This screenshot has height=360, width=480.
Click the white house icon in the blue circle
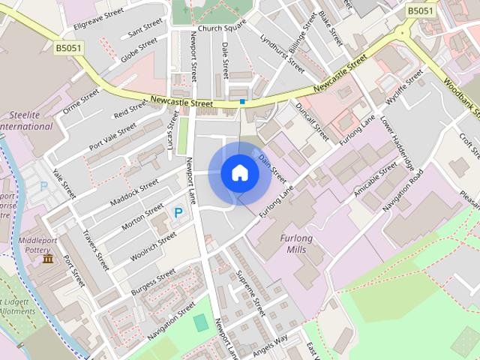pyautogui.click(x=239, y=173)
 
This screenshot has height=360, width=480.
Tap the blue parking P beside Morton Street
pyautogui.click(x=178, y=213)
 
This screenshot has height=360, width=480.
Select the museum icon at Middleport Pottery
pyautogui.click(x=48, y=259)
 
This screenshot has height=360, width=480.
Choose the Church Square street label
pyautogui.click(x=222, y=28)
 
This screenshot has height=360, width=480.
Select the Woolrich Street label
pyautogui.click(x=152, y=246)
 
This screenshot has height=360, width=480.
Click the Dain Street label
pyautogui.click(x=273, y=166)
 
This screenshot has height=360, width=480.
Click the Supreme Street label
pyautogui.click(x=251, y=295)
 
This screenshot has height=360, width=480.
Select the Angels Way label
pyautogui.click(x=270, y=341)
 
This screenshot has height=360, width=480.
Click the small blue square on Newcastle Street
pyautogui.click(x=242, y=100)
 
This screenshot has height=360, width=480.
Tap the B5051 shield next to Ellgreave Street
pyautogui.click(x=70, y=47)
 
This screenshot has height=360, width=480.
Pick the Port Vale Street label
pyautogui.click(x=115, y=135)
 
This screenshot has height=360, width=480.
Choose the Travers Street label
pyautogui.click(x=97, y=250)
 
